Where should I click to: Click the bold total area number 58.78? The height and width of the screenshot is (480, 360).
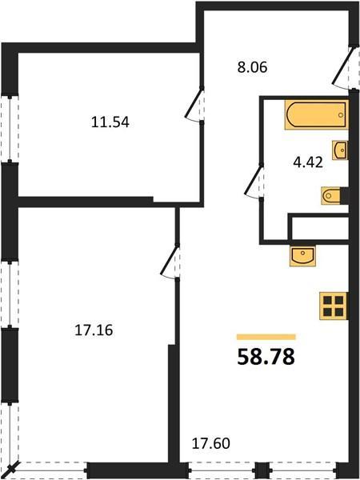tap(266, 357)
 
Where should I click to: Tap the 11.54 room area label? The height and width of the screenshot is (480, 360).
tap(110, 122)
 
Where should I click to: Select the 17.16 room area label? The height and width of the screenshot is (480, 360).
tap(94, 330)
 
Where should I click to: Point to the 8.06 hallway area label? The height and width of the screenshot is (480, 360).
tap(252, 67)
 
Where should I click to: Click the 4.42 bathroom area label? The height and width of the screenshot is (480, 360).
tap(308, 162)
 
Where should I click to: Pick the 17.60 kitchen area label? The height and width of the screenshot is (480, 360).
tap(210, 443)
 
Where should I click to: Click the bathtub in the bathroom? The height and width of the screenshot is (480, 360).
tap(317, 114)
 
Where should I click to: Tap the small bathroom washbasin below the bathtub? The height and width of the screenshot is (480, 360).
tap(340, 150)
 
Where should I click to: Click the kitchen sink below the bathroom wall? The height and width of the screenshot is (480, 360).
tap(302, 256)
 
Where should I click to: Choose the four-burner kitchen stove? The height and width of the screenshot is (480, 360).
tap(334, 306)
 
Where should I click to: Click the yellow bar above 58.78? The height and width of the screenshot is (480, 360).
tap(266, 337)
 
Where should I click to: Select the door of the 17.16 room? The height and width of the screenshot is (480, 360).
tap(170, 262)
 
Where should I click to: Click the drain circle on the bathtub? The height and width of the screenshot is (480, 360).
tap(341, 115)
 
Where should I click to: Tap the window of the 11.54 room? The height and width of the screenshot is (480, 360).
tap(10, 128)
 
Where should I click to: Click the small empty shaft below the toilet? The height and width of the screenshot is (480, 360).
tap(318, 227)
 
